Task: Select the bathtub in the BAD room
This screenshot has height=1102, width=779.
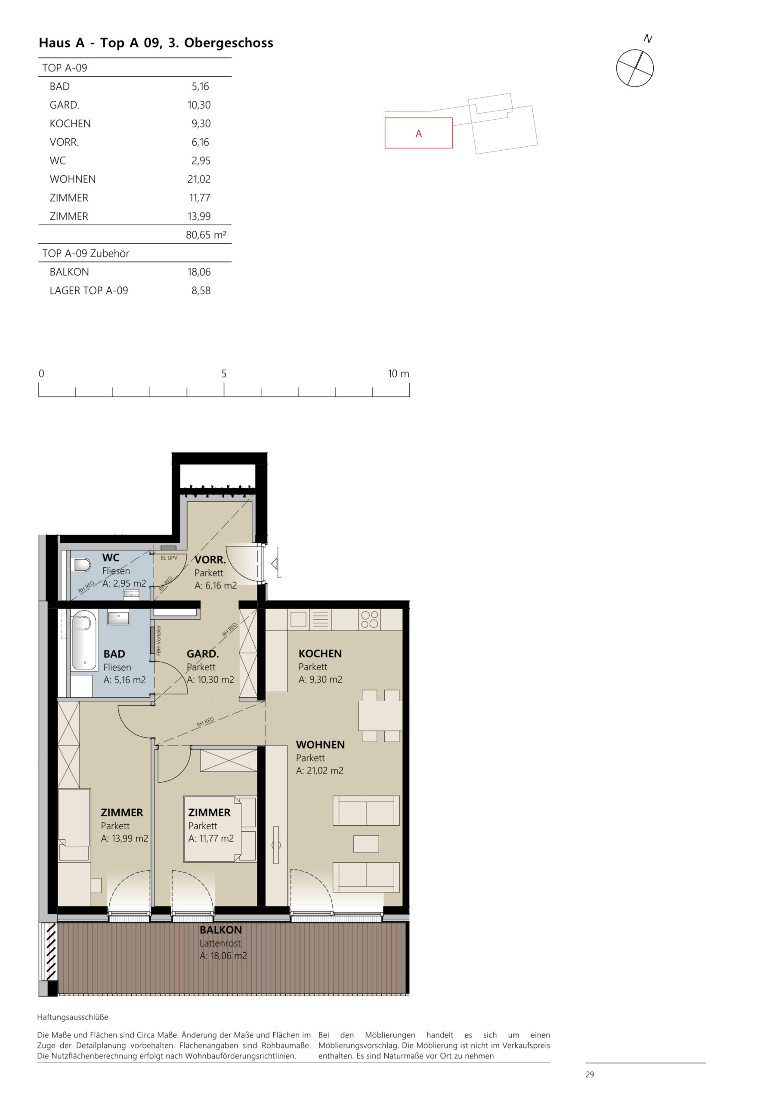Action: pyautogui.click(x=84, y=640)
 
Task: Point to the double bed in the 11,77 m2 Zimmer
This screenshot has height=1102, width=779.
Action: pyautogui.click(x=219, y=829)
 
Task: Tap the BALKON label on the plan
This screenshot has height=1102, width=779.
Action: pyautogui.click(x=220, y=930)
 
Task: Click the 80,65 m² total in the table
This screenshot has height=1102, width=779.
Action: pyautogui.click(x=205, y=235)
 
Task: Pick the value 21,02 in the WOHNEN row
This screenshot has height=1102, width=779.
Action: pyautogui.click(x=199, y=179)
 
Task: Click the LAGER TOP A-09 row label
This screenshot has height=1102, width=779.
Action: pyautogui.click(x=89, y=291)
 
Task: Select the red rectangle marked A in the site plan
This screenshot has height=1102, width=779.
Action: pyautogui.click(x=418, y=133)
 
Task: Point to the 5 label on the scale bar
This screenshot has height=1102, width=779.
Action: pyautogui.click(x=224, y=373)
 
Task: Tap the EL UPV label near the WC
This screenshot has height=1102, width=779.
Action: pyautogui.click(x=169, y=558)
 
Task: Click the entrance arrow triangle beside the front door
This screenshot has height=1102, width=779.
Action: pyautogui.click(x=275, y=563)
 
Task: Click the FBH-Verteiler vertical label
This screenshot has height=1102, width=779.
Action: pyautogui.click(x=159, y=640)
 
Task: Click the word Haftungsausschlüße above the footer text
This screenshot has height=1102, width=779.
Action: pyautogui.click(x=72, y=1017)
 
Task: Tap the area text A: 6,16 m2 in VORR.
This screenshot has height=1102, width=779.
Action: pyautogui.click(x=216, y=585)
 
